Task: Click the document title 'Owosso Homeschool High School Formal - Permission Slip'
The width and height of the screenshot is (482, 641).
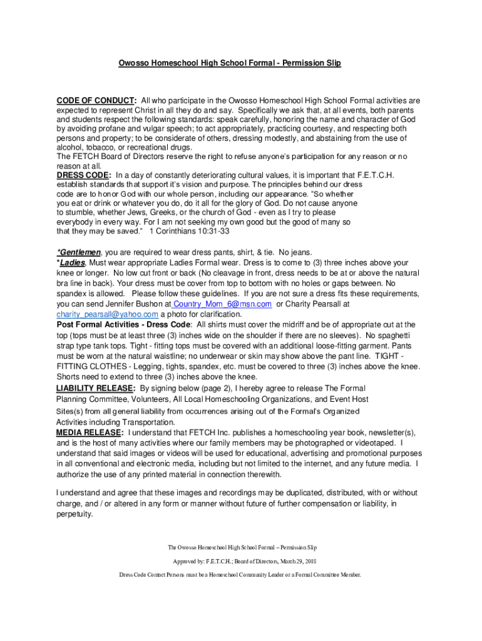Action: point(230,63)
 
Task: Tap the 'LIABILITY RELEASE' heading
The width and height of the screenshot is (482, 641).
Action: point(96,388)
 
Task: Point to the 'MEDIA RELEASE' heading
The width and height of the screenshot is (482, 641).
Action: point(88,433)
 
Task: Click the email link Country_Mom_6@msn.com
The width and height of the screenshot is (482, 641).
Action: point(223,304)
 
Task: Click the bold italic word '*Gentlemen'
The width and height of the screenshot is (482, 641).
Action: point(78,253)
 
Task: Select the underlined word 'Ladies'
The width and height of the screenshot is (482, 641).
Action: point(72,263)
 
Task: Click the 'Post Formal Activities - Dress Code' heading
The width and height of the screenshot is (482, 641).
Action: point(125,324)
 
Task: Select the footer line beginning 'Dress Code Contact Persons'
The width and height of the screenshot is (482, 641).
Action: point(240,575)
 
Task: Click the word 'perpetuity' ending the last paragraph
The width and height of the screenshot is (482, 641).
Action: point(74,515)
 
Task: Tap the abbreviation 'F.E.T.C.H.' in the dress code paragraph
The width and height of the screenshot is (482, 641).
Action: point(376,175)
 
